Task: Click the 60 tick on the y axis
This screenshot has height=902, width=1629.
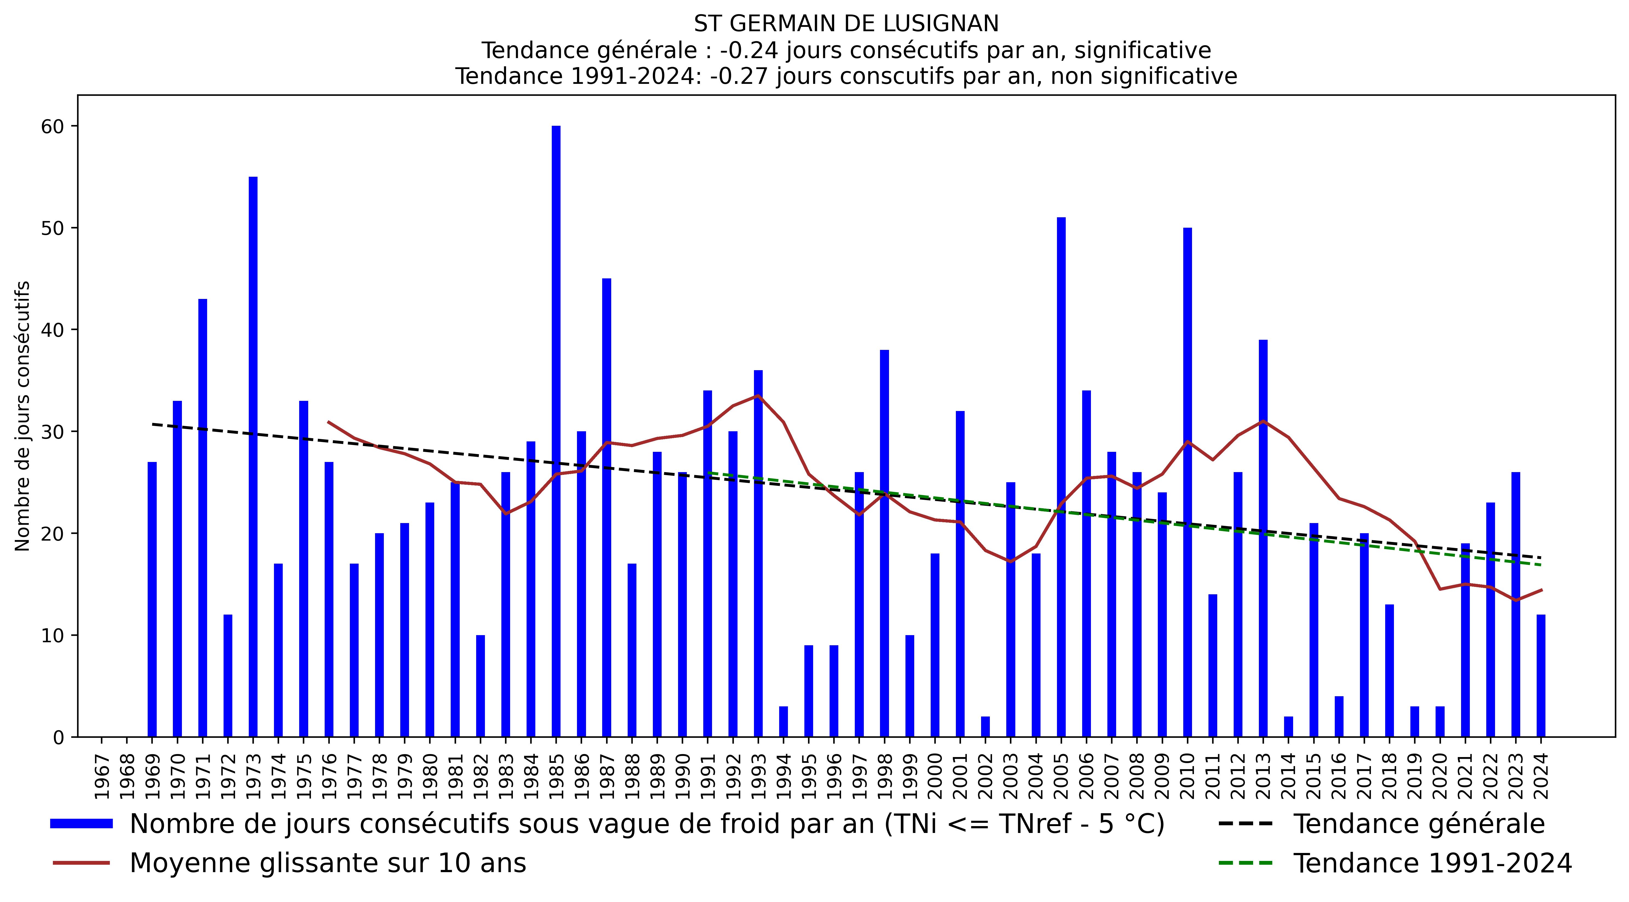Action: pyautogui.click(x=53, y=127)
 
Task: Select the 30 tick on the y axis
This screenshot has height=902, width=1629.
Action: pyautogui.click(x=53, y=432)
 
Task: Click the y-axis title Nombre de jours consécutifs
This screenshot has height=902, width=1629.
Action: pyautogui.click(x=23, y=416)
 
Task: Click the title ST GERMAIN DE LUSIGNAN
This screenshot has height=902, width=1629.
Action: pyautogui.click(x=846, y=24)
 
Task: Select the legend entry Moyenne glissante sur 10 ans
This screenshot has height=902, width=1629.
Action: pyautogui.click(x=328, y=863)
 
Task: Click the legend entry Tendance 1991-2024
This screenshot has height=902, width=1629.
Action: pyautogui.click(x=1432, y=863)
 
